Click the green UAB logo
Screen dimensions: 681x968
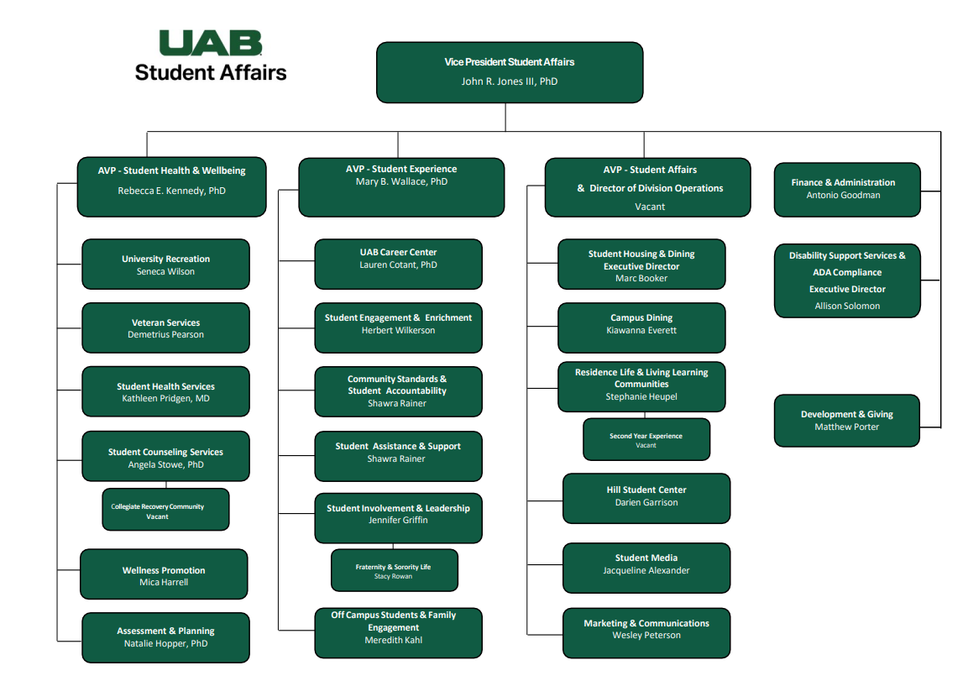click(x=211, y=43)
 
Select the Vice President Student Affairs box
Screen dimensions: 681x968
click(x=510, y=72)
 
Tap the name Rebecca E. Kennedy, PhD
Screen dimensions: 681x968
click(x=171, y=191)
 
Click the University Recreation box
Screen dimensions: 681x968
click(x=165, y=265)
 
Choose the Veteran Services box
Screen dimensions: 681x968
click(x=165, y=327)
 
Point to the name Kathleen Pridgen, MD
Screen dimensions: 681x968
click(x=165, y=398)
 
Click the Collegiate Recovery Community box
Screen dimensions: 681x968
click(x=165, y=511)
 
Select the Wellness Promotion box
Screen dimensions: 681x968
click(x=164, y=575)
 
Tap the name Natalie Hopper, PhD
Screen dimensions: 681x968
click(x=165, y=643)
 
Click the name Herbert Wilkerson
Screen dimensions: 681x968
click(x=398, y=330)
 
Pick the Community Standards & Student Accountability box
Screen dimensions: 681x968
click(x=398, y=391)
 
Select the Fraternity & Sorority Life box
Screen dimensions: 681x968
click(x=394, y=571)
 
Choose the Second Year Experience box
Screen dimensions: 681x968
click(x=646, y=440)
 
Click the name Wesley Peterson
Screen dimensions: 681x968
click(x=646, y=635)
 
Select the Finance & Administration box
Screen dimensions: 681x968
click(x=846, y=189)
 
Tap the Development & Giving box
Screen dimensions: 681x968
click(x=846, y=420)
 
